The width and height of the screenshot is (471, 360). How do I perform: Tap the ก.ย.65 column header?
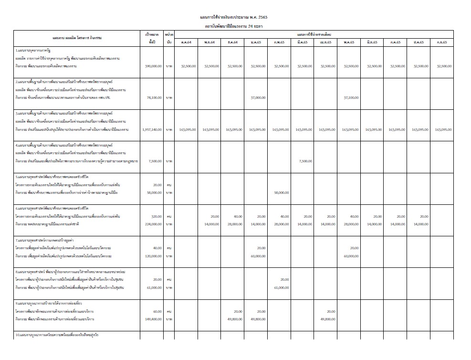point(441,42)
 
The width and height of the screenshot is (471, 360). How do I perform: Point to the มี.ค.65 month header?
point(302,42)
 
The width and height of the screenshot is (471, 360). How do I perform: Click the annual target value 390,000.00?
point(152,66)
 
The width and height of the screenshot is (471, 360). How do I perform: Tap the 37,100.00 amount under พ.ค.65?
point(351,97)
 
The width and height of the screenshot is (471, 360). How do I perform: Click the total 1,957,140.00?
point(152,129)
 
